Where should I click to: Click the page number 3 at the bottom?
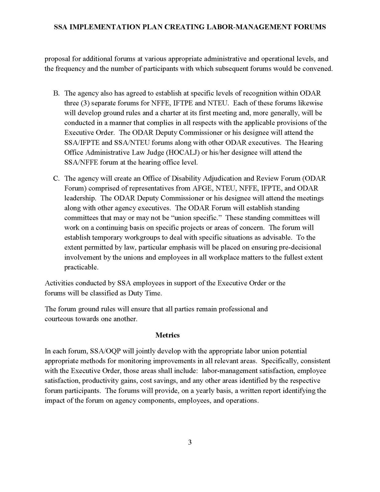(x=190, y=442)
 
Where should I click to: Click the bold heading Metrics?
(x=167, y=335)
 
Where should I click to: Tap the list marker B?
(x=56, y=93)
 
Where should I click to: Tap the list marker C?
(x=56, y=178)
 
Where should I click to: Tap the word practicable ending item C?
(x=81, y=267)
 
